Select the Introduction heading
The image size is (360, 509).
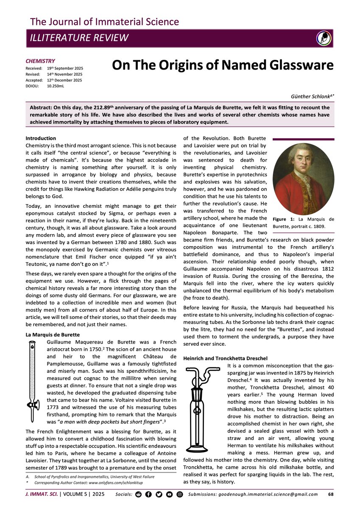click(x=41, y=138)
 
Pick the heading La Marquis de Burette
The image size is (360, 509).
click(x=53, y=335)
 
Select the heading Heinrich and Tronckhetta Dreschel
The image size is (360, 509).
click(x=225, y=358)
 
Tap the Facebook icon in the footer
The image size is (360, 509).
click(x=148, y=494)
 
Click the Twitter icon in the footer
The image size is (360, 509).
click(x=159, y=494)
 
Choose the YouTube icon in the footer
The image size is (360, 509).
click(x=169, y=494)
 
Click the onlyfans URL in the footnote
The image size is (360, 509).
click(x=119, y=483)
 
